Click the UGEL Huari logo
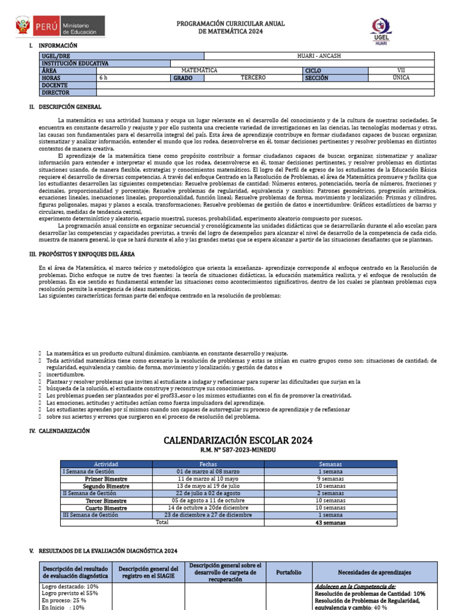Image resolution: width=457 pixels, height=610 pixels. pos(381,31)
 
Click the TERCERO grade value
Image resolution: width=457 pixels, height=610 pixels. pos(253,78)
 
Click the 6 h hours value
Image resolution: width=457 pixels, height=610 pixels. pos(104,78)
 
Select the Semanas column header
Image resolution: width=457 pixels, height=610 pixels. pos(330,464)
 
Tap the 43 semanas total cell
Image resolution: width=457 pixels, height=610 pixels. pos(330,523)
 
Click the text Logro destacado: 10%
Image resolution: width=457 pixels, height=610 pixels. pos(62,587)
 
